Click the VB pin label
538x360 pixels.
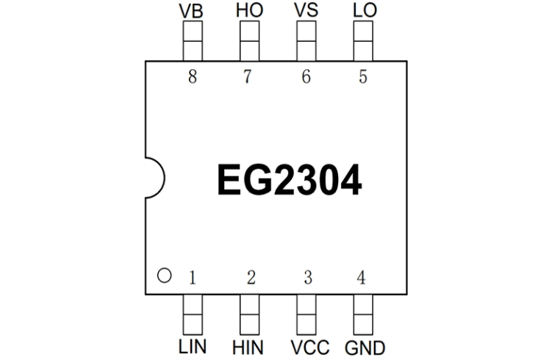pos(192,11)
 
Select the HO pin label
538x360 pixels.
pos(248,11)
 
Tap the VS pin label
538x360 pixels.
pos(305,11)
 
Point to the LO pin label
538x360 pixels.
pos(362,11)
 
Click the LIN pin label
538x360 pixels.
pos(193,346)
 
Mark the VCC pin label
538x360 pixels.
pos(307,346)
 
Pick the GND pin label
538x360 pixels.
pos(363,346)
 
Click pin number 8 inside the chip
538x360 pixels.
pos(193,77)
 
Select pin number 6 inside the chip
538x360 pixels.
pos(306,77)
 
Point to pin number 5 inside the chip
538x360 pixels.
pos(362,77)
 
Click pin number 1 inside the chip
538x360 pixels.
pos(193,278)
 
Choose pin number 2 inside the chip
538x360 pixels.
pos(251,278)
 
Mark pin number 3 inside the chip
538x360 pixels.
pos(307,278)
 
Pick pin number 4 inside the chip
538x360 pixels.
pos(361,278)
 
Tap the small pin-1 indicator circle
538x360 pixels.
pos(165,276)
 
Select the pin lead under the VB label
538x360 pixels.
pos(192,41)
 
